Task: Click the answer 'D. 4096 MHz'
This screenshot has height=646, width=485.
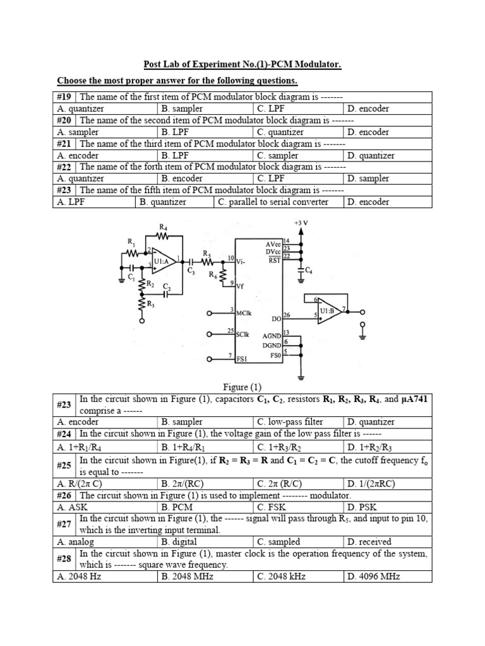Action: click(x=373, y=577)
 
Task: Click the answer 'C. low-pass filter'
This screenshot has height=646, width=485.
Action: click(x=290, y=421)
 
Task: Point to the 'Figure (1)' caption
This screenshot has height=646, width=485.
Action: click(x=242, y=387)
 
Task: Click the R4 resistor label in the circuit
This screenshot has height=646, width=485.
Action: click(x=164, y=227)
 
